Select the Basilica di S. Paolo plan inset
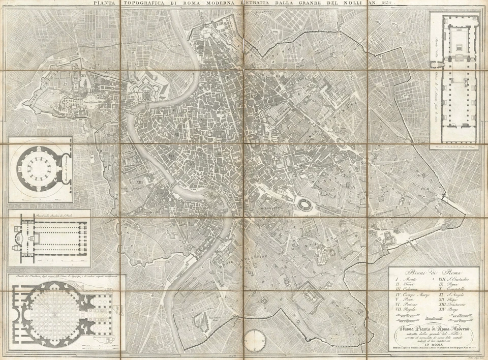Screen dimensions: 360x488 [49, 237]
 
